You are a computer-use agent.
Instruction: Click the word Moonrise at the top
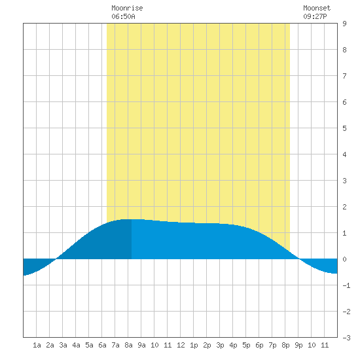[127, 8]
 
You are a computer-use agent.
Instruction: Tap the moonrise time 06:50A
[123, 16]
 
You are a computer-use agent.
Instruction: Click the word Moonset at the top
[317, 8]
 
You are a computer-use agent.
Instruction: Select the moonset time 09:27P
[315, 16]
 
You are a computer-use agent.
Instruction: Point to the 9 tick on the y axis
[344, 24]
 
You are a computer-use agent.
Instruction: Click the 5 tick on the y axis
[344, 128]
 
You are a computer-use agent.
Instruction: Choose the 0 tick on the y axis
[344, 259]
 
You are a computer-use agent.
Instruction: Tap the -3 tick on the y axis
[346, 338]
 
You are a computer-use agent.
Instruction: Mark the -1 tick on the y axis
[346, 285]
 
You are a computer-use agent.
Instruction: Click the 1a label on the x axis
[37, 345]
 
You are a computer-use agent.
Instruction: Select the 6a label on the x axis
[102, 345]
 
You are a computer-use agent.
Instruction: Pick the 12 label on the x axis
[181, 345]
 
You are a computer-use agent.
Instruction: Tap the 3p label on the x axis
[220, 345]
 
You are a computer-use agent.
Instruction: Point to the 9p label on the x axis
[298, 345]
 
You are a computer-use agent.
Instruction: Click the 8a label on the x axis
[128, 345]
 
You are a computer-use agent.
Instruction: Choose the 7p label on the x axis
[272, 345]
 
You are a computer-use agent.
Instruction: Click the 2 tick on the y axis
[344, 207]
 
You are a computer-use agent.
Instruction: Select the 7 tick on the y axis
[344, 76]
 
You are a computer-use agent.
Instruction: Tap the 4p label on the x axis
[233, 345]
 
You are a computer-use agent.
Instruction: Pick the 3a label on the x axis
[63, 345]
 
